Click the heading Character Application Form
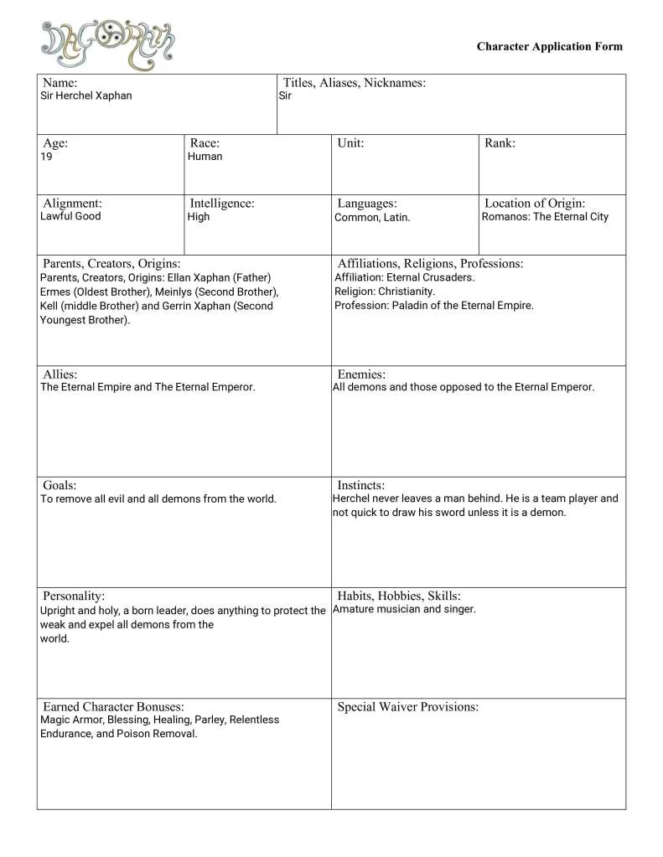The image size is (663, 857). click(549, 47)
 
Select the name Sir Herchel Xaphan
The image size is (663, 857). click(86, 96)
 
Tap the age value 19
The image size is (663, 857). click(46, 157)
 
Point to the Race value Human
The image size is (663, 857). click(205, 157)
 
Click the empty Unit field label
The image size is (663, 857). click(350, 143)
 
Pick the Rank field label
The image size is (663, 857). click(500, 143)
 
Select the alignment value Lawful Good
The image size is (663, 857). click(70, 216)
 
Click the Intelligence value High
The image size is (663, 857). click(199, 217)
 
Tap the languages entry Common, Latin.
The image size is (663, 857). click(372, 218)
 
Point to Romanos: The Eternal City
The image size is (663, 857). click(545, 217)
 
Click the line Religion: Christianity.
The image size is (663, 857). click(385, 292)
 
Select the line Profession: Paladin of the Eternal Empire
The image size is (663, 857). click(433, 306)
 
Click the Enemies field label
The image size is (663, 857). click(361, 374)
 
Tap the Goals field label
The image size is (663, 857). click(60, 485)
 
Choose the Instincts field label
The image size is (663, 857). click(360, 485)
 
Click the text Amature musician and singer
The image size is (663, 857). click(404, 609)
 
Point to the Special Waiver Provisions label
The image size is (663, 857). click(407, 707)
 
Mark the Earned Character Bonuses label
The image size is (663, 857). click(113, 707)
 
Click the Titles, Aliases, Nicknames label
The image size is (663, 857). click(355, 82)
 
